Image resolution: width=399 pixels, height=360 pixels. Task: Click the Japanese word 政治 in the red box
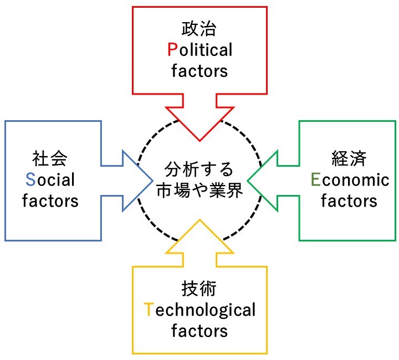click(x=199, y=28)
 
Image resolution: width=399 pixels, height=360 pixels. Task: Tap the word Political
click(x=199, y=50)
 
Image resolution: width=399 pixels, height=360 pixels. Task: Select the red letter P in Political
click(x=172, y=50)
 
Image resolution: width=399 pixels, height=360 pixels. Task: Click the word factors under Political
click(x=199, y=71)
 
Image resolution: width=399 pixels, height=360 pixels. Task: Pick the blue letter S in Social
click(x=30, y=179)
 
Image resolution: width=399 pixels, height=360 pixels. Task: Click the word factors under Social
click(x=50, y=200)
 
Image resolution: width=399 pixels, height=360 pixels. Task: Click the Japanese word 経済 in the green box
click(x=349, y=158)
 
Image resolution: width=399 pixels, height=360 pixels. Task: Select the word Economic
click(x=349, y=179)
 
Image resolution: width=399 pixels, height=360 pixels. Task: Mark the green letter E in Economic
click(x=315, y=179)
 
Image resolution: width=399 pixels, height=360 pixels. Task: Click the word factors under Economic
click(x=349, y=200)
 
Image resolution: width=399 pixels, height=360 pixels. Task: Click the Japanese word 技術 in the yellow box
click(x=199, y=289)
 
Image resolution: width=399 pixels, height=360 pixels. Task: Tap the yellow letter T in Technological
click(x=148, y=310)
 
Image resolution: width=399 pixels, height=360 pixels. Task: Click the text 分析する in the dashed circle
click(x=199, y=169)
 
